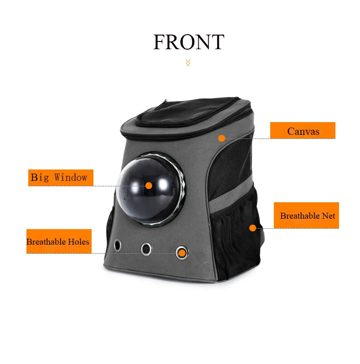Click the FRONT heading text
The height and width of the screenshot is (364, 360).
(189, 42)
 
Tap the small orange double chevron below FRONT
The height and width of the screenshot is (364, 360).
(188, 62)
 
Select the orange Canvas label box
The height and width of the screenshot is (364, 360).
(303, 130)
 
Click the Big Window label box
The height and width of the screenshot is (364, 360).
(61, 178)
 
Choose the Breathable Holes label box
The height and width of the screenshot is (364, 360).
(59, 241)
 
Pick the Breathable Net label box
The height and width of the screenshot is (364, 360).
(306, 215)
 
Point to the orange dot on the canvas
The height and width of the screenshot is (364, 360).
(221, 138)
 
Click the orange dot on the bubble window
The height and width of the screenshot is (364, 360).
(149, 186)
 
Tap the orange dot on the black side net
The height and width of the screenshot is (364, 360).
(252, 228)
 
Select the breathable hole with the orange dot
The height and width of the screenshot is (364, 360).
(182, 253)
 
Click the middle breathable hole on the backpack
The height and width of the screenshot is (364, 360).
(146, 249)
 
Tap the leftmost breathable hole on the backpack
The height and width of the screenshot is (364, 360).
(118, 245)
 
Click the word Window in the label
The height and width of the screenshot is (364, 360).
(71, 178)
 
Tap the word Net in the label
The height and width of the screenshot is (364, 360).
(328, 216)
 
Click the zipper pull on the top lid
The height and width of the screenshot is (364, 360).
(165, 101)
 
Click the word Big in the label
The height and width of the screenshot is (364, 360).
(40, 178)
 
